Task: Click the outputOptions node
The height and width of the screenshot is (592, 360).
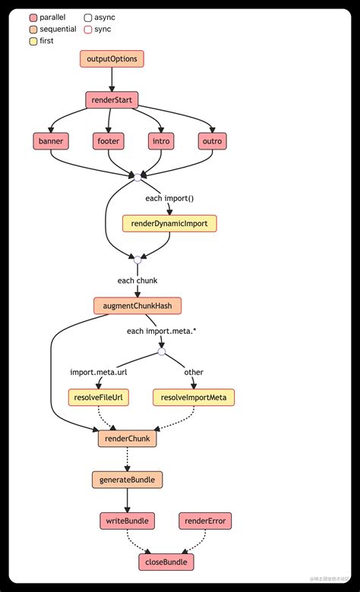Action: tap(112, 58)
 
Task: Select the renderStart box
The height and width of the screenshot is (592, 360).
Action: tap(112, 99)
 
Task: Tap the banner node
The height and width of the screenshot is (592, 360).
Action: tap(50, 140)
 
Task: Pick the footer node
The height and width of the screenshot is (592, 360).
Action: tap(109, 140)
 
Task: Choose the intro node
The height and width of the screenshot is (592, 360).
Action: tap(162, 140)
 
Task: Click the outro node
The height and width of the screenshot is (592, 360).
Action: tap(213, 140)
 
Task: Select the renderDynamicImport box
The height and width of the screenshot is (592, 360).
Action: tap(170, 223)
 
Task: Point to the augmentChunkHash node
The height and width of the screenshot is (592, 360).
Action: tap(137, 306)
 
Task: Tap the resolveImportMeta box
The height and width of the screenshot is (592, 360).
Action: tap(194, 397)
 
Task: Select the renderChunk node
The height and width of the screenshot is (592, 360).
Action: tap(126, 439)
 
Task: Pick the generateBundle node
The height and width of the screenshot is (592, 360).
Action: tap(127, 480)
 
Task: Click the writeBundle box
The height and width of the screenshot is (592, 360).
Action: tap(127, 521)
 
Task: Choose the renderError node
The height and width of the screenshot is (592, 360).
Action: tap(205, 521)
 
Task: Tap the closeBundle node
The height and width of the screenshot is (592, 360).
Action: tap(166, 562)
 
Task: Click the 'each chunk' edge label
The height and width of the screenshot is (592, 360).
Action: tap(137, 280)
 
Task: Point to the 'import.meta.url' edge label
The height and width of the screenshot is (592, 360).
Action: tap(99, 372)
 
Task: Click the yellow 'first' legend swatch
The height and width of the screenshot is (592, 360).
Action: tap(33, 41)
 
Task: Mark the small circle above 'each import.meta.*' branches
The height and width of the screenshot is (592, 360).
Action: tap(161, 351)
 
